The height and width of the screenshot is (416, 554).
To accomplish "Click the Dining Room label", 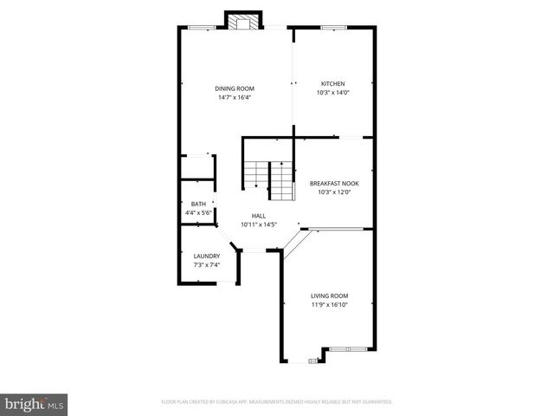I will click(x=235, y=88).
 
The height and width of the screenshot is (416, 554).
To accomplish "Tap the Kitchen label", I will click(x=332, y=84).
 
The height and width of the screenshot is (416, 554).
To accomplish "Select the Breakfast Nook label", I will click(x=334, y=183).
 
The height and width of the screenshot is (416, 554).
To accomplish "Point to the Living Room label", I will click(x=330, y=296).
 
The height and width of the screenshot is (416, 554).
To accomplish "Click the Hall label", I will click(x=259, y=216).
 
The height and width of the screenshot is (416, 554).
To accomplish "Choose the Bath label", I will click(x=198, y=205).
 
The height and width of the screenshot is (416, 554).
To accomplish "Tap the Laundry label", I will click(x=207, y=256).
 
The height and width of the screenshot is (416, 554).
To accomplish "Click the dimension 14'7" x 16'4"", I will click(x=235, y=97).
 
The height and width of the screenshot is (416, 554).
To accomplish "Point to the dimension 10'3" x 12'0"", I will click(x=334, y=192).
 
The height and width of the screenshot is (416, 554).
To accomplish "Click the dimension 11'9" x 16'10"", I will click(x=330, y=304).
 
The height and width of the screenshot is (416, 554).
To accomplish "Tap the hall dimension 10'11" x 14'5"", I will click(x=259, y=224).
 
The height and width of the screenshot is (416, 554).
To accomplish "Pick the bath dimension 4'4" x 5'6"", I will click(x=198, y=213).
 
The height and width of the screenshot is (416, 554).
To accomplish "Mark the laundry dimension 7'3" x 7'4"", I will click(x=207, y=264).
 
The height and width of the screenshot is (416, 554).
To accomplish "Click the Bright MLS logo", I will click(x=35, y=404).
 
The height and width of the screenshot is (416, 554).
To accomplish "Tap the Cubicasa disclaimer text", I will click(x=277, y=402).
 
